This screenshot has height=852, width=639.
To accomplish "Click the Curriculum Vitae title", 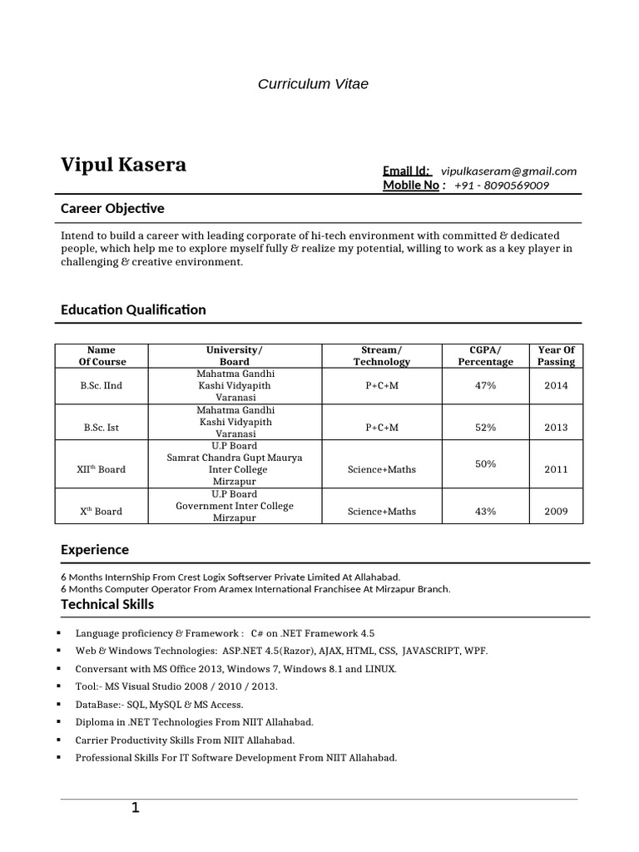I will (x=312, y=84).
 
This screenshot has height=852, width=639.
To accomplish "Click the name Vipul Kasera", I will (x=123, y=165).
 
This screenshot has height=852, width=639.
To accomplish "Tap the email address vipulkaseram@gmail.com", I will (x=508, y=171).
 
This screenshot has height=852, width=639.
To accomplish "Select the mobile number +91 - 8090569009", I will (x=502, y=185).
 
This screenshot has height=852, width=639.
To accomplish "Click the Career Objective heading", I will (x=112, y=208).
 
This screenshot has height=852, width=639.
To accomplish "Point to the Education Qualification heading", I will (x=133, y=310).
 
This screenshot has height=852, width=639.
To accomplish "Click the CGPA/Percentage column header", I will (x=485, y=356).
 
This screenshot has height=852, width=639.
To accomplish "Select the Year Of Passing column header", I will (x=556, y=356).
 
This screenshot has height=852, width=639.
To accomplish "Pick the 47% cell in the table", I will (x=485, y=386).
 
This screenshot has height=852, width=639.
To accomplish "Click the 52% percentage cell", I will (x=485, y=427).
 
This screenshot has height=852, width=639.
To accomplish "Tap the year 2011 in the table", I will (x=556, y=469).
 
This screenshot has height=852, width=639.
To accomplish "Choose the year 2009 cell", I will (x=556, y=511).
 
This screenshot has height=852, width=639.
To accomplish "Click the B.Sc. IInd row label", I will (x=102, y=386).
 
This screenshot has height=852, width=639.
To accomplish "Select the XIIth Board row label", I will (x=102, y=469).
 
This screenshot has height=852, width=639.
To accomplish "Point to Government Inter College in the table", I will (x=234, y=506).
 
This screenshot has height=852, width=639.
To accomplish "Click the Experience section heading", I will (x=95, y=550).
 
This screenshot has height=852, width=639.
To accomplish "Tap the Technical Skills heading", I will (x=107, y=604).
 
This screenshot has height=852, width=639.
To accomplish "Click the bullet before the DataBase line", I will (x=64, y=704).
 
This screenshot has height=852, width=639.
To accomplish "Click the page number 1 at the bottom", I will (x=135, y=808).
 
